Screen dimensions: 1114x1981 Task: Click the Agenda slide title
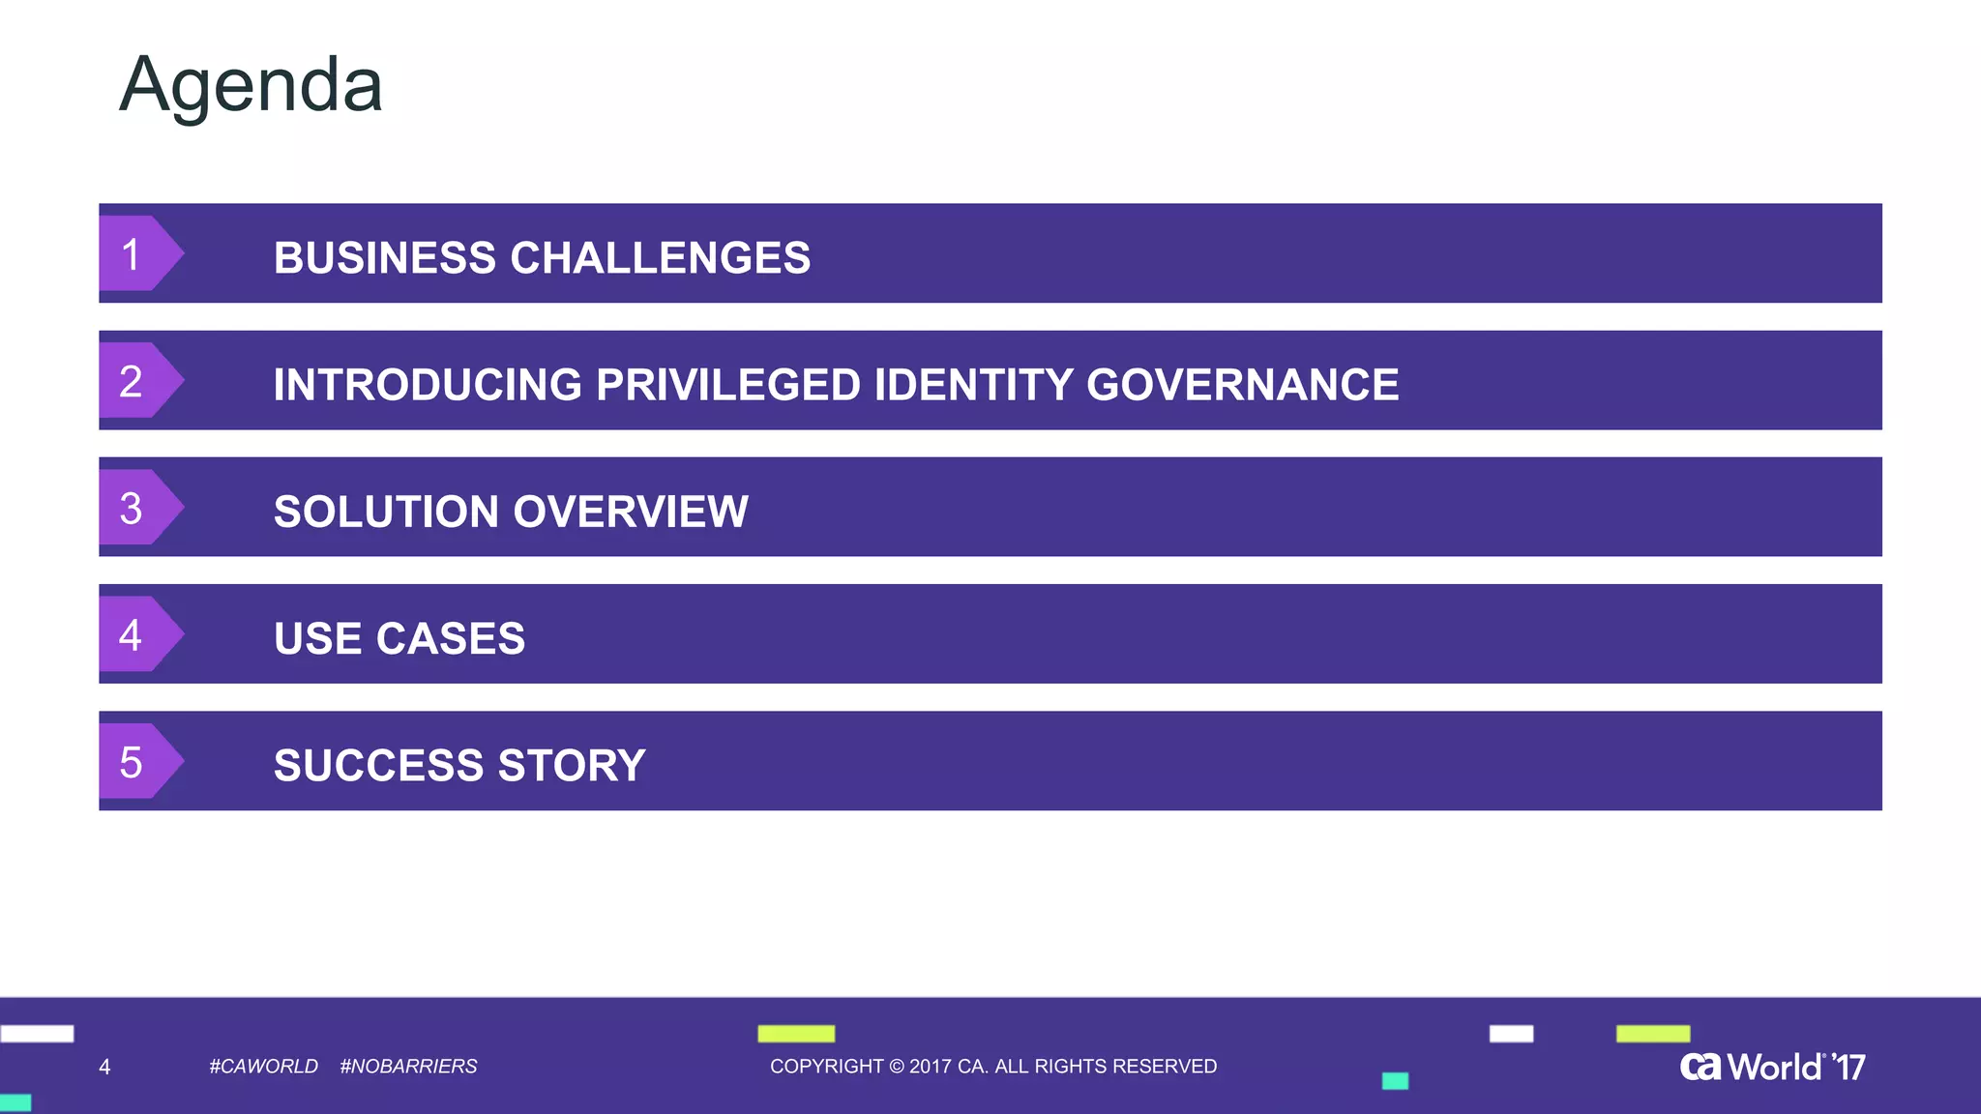coord(251,85)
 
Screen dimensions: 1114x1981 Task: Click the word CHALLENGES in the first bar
coord(660,258)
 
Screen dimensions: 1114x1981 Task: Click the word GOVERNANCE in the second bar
coord(1242,385)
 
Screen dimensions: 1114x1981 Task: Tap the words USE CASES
coord(399,639)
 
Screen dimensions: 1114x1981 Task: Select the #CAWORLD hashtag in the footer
coord(263,1066)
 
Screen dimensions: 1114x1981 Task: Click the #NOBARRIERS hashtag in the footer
coord(408,1066)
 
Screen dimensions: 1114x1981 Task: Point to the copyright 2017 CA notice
coord(992,1066)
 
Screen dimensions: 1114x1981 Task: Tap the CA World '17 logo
coord(1772,1067)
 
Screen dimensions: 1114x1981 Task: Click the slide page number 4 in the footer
coord(104,1067)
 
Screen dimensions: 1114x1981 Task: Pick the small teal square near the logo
coord(1395,1081)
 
